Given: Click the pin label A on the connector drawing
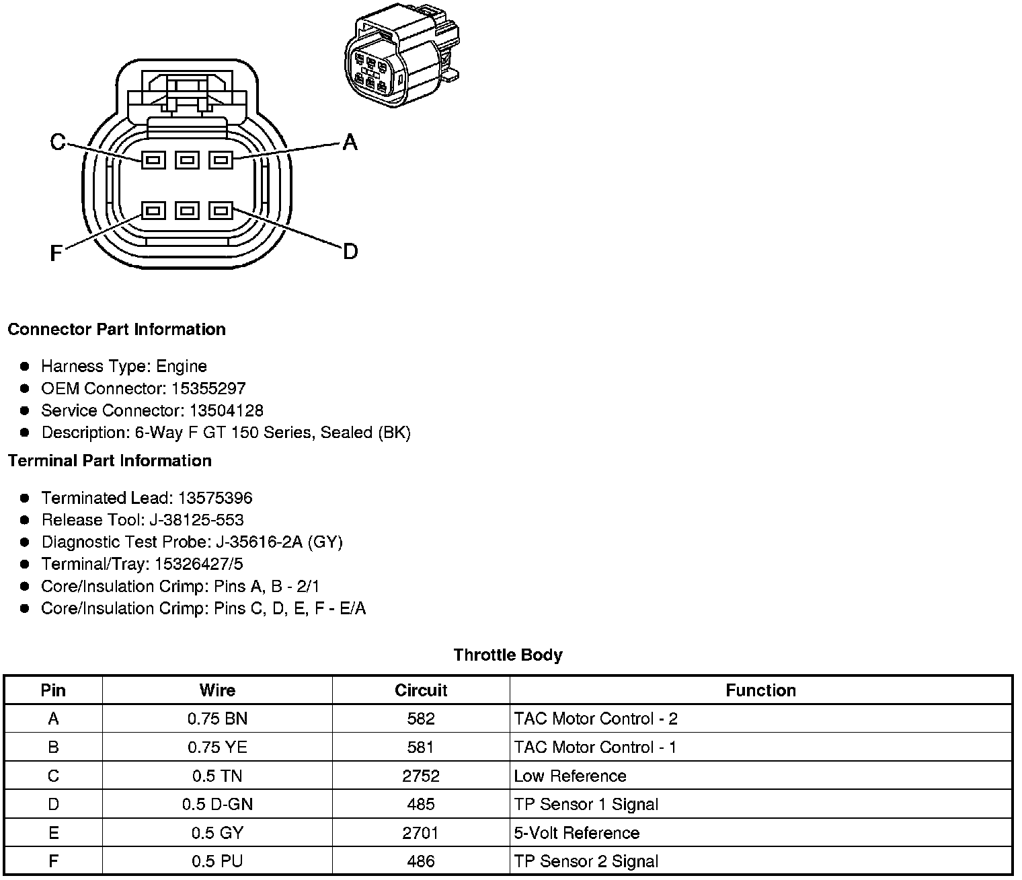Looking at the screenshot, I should click(x=350, y=142).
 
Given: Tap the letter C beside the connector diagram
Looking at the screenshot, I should click(x=58, y=142).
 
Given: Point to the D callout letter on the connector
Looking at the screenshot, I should click(x=350, y=252).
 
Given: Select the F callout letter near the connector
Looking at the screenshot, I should click(x=56, y=253).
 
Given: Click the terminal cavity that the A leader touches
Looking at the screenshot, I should click(x=221, y=160).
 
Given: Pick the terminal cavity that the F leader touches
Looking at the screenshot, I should click(x=153, y=211).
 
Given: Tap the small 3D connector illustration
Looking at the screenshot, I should click(x=401, y=58).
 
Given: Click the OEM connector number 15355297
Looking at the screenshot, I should click(x=208, y=388).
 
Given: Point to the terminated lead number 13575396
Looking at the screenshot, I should click(x=215, y=498).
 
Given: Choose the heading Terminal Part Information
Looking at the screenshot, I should click(x=110, y=461).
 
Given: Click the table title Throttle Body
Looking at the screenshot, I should click(x=508, y=655).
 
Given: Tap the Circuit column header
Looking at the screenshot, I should click(x=421, y=690).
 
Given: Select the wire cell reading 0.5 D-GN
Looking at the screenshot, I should click(x=217, y=804).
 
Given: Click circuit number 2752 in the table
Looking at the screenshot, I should click(x=421, y=776).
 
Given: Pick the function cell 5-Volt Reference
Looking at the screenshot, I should click(x=576, y=833).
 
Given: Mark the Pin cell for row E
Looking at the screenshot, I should click(x=53, y=833).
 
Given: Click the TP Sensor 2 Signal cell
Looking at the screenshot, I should click(x=586, y=861).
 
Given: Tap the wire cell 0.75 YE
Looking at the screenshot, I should click(x=217, y=747).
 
